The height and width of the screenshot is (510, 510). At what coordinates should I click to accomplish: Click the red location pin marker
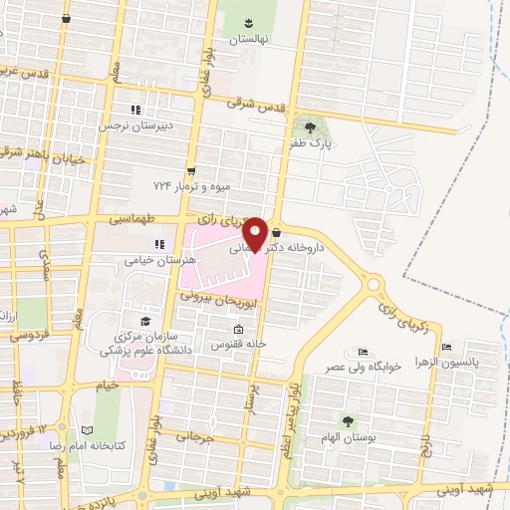(254, 233)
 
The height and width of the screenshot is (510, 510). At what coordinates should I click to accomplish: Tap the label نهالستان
(250, 40)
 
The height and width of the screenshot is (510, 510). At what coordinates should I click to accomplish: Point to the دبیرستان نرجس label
(134, 127)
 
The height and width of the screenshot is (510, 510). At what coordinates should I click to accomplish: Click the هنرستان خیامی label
(149, 259)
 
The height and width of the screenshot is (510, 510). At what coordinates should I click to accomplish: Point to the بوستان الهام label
(348, 439)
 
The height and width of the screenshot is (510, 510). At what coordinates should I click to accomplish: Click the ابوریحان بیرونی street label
(221, 297)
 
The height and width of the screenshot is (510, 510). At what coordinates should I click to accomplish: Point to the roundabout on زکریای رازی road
(375, 285)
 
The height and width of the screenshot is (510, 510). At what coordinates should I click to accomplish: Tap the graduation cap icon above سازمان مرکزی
(145, 321)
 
